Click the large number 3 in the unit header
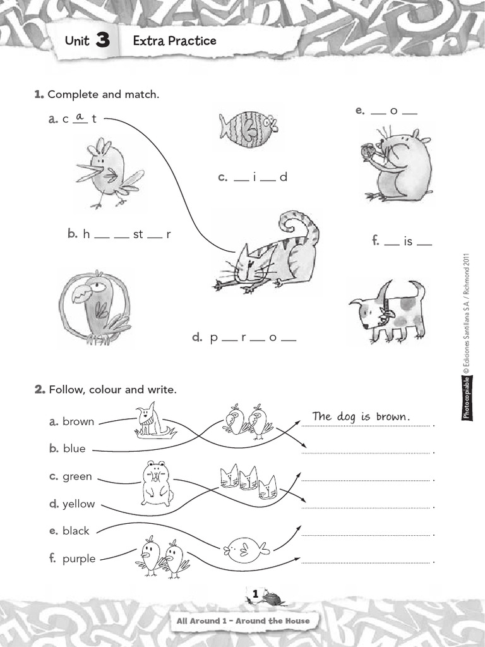(x=103, y=42)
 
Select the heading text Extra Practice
(x=174, y=41)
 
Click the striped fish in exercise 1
(x=248, y=126)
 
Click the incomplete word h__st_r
(x=120, y=234)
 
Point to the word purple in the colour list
(x=79, y=559)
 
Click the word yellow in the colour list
(x=79, y=504)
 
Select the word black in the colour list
(x=76, y=531)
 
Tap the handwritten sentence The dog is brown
(x=361, y=417)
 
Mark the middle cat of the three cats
(x=248, y=478)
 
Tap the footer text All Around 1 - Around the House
(x=243, y=620)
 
